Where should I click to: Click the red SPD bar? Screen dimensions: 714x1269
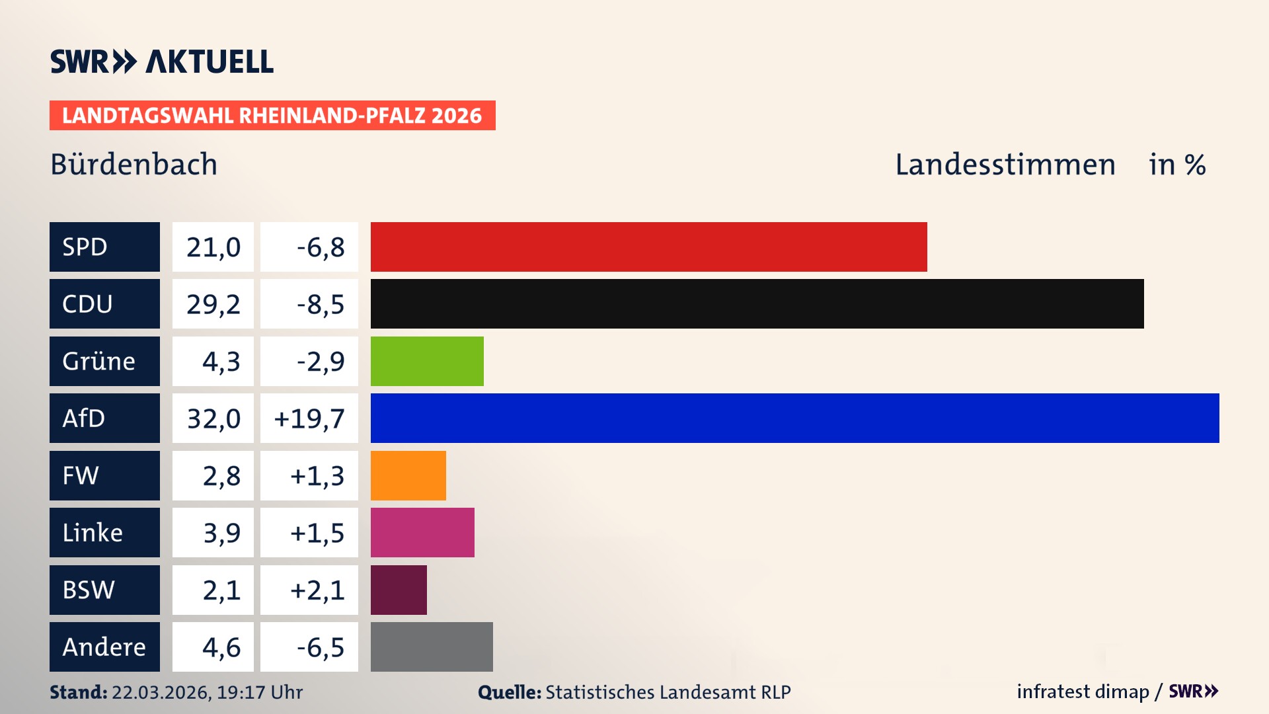(648, 247)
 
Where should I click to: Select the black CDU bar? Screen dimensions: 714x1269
(757, 304)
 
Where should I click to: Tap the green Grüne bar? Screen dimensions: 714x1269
(427, 361)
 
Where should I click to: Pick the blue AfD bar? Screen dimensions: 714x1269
(794, 418)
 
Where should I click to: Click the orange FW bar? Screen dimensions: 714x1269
(408, 475)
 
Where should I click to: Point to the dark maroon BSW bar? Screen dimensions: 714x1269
(399, 590)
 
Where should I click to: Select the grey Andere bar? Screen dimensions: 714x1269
(432, 647)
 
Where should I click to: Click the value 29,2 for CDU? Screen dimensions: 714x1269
(213, 304)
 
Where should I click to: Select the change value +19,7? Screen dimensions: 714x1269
(309, 418)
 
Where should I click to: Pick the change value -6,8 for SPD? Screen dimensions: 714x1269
(320, 247)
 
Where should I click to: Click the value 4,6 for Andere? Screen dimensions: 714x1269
(221, 647)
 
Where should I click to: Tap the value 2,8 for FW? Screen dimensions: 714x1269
(221, 475)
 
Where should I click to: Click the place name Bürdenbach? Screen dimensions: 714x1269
(134, 164)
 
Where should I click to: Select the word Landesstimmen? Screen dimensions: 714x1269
(1005, 164)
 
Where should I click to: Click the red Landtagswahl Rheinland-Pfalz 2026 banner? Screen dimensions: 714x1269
(272, 116)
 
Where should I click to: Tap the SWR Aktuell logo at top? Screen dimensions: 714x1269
(161, 61)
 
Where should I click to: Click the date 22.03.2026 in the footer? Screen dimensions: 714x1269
(161, 692)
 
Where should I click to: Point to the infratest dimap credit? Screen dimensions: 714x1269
(1082, 692)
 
